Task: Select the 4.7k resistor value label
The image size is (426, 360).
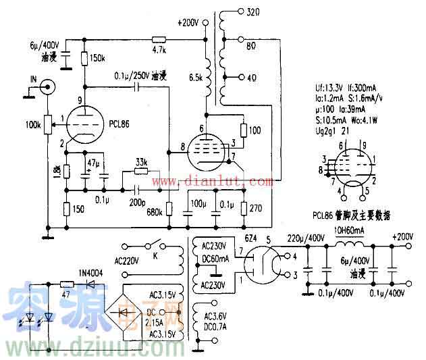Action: coord(159,50)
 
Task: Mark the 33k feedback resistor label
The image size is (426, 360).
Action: coord(142,162)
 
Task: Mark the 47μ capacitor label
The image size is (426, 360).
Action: coord(94,164)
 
